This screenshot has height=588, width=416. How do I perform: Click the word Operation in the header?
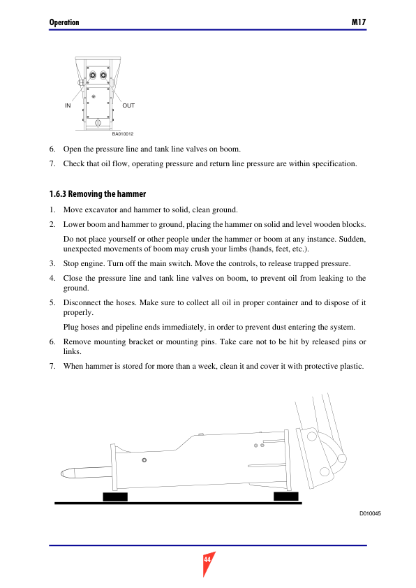(64, 22)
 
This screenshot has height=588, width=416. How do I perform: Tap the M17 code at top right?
(359, 22)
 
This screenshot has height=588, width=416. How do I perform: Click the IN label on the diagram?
(68, 105)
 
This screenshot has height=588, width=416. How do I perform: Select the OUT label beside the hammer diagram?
(128, 105)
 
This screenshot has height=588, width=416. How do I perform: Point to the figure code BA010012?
(123, 134)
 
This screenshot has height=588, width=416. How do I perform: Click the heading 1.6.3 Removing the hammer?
(98, 194)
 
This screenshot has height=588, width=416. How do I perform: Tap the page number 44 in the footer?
(207, 559)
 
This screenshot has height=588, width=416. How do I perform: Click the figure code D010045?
(370, 513)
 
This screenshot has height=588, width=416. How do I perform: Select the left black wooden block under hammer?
(115, 497)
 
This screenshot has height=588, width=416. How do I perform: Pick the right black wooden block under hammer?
(286, 497)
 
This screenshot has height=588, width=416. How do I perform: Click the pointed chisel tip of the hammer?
(62, 474)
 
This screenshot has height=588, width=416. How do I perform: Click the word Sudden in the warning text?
(352, 240)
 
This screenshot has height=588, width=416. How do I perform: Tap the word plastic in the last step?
(352, 367)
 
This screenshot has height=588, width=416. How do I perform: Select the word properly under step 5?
(78, 313)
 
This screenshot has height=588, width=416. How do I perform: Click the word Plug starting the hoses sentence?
(70, 328)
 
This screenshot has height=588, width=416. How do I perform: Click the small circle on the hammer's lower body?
(144, 460)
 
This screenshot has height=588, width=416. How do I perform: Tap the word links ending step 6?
(72, 352)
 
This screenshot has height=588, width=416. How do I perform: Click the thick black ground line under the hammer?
(179, 504)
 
